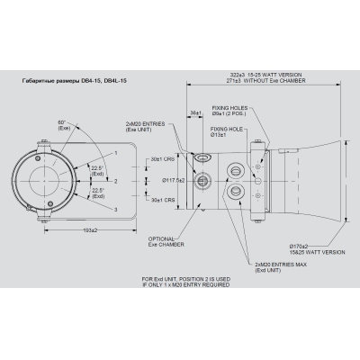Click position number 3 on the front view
tap(116, 210)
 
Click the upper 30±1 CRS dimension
tap(164, 159)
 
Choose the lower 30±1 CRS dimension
tap(164, 200)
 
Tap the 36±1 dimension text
tap(195, 112)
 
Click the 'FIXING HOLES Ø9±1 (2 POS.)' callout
tap(229, 110)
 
